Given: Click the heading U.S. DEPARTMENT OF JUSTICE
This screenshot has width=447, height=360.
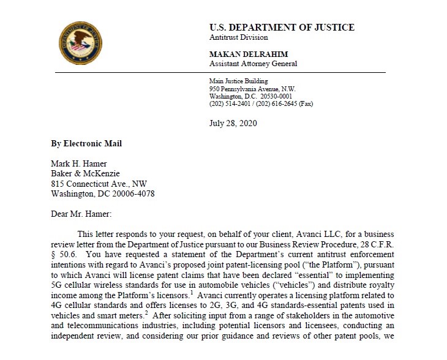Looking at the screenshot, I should tap(282, 28).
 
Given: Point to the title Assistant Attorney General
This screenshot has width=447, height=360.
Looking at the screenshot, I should tap(254, 64).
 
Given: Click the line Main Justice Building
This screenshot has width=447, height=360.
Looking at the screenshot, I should tap(238, 81).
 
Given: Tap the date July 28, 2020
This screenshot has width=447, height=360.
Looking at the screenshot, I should tap(233, 123).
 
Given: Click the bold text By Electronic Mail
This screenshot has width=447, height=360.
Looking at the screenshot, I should tap(86, 143).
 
